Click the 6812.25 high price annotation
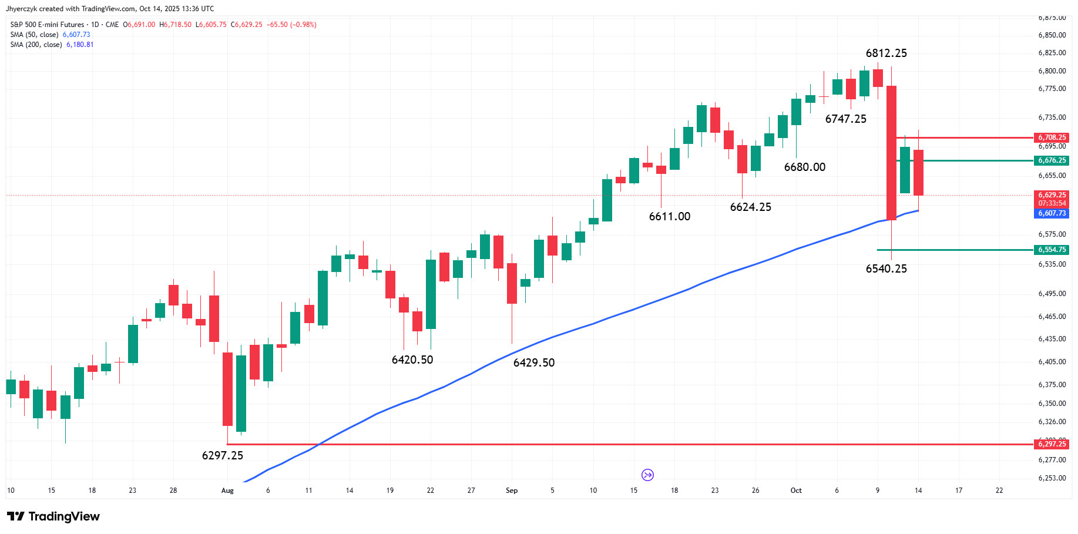pos(886,53)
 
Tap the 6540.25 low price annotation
pos(886,269)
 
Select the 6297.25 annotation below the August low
pos(222,456)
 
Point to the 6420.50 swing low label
pos(412,360)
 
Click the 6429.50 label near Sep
pos(534,363)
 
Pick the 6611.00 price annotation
pos(670,217)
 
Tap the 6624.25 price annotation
pos(750,207)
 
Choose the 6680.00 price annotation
pos(805,167)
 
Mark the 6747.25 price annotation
pos(845,119)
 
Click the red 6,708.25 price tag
pos(1052,137)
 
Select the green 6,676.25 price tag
pos(1052,160)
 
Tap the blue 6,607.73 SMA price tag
pos(1052,213)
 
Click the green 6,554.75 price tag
pos(1052,250)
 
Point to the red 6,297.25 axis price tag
pos(1052,444)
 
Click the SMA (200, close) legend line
pos(52,45)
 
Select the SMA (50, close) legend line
pos(50,35)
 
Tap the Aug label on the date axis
pos(227,491)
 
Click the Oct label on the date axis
pos(796,491)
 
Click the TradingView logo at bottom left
pos(53,516)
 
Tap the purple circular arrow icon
pos(647,475)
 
